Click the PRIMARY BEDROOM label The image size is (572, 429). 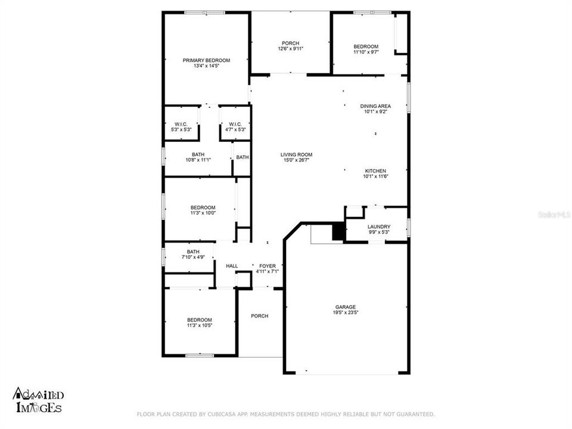tap(206, 60)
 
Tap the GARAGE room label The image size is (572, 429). tap(346, 306)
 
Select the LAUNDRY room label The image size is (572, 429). tap(378, 226)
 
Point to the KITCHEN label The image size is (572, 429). tap(375, 171)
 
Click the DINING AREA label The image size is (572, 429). tap(375, 106)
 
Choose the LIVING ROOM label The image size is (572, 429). tap(296, 155)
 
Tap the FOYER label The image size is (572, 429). tap(267, 266)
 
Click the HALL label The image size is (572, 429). tap(232, 266)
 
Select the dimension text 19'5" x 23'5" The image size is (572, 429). tap(346, 312)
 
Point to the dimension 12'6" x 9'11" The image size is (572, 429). tap(290, 49)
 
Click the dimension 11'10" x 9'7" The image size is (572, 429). tap(365, 52)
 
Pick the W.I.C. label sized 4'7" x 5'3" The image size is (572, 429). tap(235, 124)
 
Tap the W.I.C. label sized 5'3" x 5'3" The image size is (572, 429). tap(181, 124)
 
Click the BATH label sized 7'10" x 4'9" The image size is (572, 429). tap(193, 251)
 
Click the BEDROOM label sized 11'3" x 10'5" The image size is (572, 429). tap(199, 319)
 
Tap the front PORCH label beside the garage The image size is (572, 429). tap(259, 316)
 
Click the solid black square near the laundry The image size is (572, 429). tap(338, 231)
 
